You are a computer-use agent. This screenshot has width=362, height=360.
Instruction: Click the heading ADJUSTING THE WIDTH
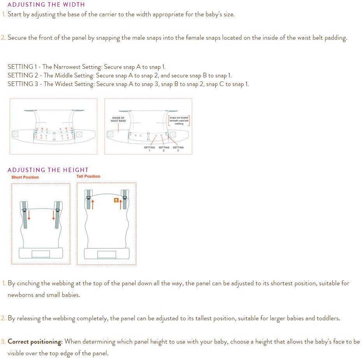46,5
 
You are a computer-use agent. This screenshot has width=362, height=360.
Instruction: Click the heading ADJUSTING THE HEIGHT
48,170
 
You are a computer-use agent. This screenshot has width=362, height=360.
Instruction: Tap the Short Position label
25,177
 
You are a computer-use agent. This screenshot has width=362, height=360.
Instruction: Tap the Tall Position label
88,176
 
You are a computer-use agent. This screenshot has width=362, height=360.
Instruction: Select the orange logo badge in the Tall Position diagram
116,200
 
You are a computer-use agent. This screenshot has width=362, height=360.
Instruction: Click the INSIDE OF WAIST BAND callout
118,119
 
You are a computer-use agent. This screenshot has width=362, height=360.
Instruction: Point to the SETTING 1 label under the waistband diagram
149,149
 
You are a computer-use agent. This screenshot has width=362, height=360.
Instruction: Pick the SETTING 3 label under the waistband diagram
178,149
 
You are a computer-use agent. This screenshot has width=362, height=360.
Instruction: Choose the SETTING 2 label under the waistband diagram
164,149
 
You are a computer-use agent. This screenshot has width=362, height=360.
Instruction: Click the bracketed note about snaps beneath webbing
179,121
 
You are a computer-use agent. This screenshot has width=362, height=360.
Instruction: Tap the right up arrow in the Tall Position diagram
121,204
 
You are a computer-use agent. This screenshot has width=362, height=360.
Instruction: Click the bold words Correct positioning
35,342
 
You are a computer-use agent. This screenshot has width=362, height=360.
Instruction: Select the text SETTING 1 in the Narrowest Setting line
22,67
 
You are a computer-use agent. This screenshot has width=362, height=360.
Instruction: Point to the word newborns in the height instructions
20,295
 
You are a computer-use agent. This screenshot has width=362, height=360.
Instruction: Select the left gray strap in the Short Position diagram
24,215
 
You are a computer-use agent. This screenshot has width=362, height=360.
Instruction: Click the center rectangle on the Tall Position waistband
107,255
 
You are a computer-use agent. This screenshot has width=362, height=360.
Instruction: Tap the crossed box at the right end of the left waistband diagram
79,134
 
